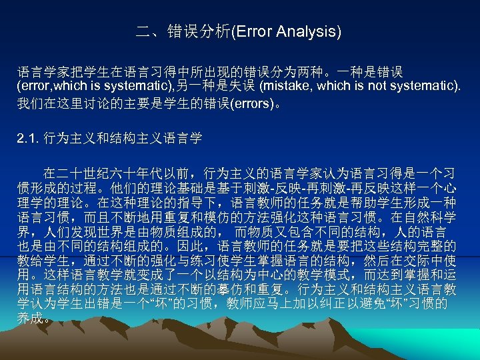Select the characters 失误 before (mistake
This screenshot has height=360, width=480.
tap(243, 86)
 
